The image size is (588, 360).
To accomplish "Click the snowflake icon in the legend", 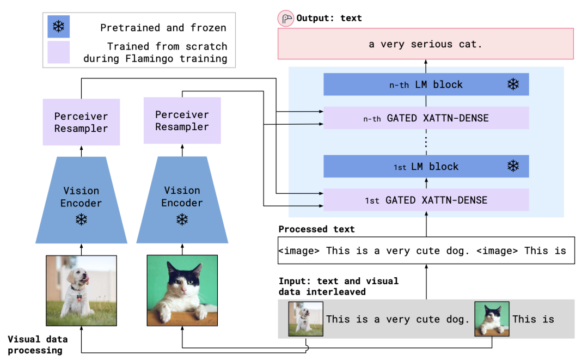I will pyautogui.click(x=58, y=27).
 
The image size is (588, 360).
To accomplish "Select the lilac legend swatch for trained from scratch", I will pyautogui.click(x=58, y=52).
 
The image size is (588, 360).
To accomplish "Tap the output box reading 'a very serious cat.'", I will pyautogui.click(x=426, y=44).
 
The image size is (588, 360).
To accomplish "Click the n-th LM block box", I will pyautogui.click(x=426, y=84).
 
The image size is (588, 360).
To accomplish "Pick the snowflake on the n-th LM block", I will pyautogui.click(x=513, y=84).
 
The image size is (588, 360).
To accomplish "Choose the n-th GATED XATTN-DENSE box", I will pyautogui.click(x=426, y=118).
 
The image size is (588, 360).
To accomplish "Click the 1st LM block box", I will pyautogui.click(x=426, y=167).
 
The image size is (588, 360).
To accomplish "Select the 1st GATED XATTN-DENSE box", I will pyautogui.click(x=426, y=200).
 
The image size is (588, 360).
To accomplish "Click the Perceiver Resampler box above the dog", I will pyautogui.click(x=81, y=122).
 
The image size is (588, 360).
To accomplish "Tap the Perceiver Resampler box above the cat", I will pyautogui.click(x=182, y=120).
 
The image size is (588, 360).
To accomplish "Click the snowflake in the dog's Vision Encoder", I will pyautogui.click(x=81, y=220).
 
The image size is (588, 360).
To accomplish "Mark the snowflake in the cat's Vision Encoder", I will pyautogui.click(x=182, y=220).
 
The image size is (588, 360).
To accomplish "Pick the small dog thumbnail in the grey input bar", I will pyautogui.click(x=305, y=319).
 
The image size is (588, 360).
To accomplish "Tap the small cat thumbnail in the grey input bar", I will pyautogui.click(x=492, y=319).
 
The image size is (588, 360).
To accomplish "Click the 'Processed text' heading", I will pyautogui.click(x=316, y=229).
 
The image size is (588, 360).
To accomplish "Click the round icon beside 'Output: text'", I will pyautogui.click(x=285, y=19).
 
